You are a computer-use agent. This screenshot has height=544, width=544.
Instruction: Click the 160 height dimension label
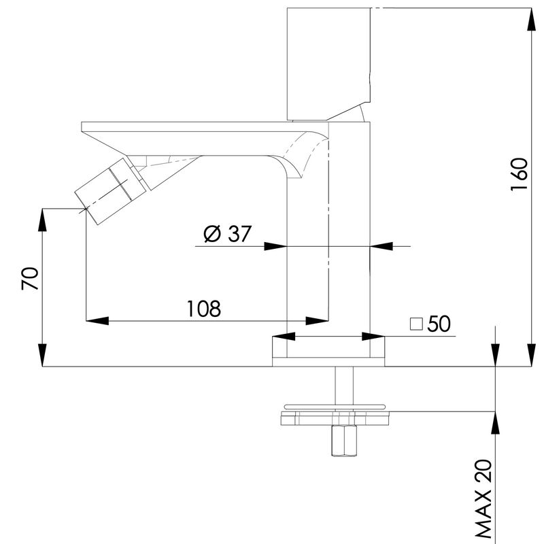(x=520, y=174)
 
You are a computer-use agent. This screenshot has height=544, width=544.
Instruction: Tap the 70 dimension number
(x=29, y=279)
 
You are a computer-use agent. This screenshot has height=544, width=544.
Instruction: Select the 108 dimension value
(x=203, y=309)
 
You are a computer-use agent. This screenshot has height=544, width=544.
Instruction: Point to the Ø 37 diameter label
(x=227, y=233)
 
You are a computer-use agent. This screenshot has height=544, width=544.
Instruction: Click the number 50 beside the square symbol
(x=439, y=324)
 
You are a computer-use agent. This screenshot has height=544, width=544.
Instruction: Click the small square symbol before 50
(x=416, y=324)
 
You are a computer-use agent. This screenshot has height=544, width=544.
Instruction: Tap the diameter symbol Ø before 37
(x=212, y=233)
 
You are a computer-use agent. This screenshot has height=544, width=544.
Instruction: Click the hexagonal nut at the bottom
(x=344, y=440)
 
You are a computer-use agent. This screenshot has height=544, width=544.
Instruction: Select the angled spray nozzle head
(x=110, y=190)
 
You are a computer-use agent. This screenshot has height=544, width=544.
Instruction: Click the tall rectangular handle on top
(x=329, y=64)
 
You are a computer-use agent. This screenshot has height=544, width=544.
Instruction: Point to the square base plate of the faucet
(x=328, y=351)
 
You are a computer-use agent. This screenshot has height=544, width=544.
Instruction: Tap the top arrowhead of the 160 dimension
(x=532, y=19)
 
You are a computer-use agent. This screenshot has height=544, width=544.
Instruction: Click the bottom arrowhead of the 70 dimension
(x=42, y=355)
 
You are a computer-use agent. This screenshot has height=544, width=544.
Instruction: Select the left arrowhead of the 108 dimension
(x=97, y=321)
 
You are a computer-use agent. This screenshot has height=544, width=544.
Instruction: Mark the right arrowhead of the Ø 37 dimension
(x=381, y=246)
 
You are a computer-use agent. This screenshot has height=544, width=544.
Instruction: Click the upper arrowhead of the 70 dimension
(x=42, y=220)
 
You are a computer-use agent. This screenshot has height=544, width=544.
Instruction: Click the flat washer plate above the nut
(x=335, y=418)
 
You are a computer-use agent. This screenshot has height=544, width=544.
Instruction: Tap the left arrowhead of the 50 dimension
(x=284, y=336)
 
